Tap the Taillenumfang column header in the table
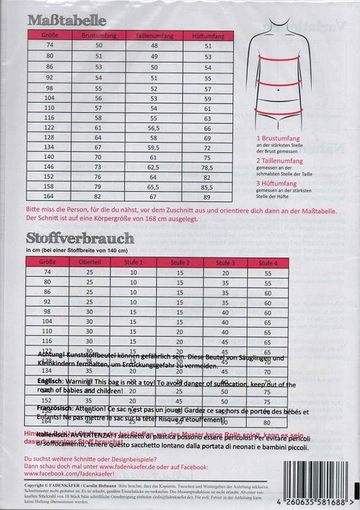pos(154,34)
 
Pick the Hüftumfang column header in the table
pos(208,34)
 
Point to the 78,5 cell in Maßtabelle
pos(208,167)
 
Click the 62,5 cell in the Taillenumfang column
pos(154,167)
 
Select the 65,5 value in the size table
pos(154,187)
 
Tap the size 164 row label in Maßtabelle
pos(49,197)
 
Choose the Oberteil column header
pos(90,262)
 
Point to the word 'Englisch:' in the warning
pos(55,381)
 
